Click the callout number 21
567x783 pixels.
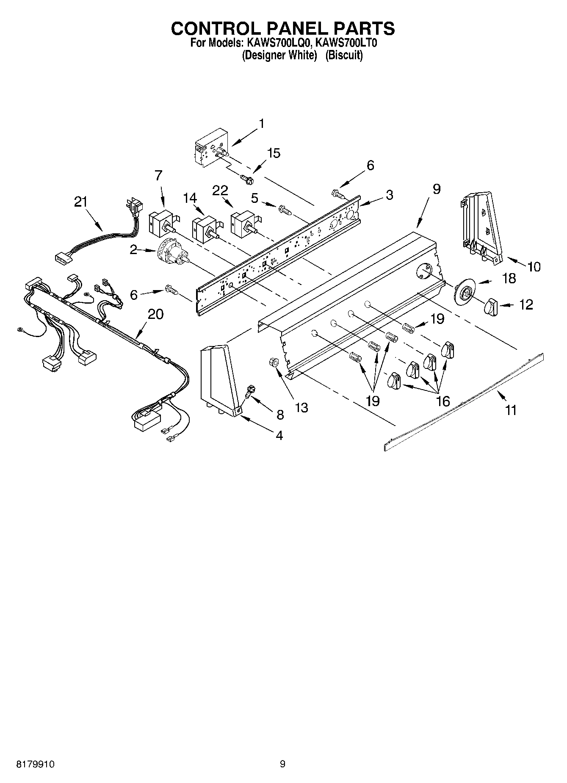coord(80,202)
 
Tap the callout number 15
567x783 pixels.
coord(274,153)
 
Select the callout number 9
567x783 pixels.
coord(437,189)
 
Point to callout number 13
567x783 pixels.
coord(301,407)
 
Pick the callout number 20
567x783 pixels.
coord(156,314)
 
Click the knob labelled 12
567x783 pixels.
coord(492,306)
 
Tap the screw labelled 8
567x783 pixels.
coord(251,390)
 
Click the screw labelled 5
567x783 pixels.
coord(285,209)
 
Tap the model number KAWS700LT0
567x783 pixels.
coord(346,43)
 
